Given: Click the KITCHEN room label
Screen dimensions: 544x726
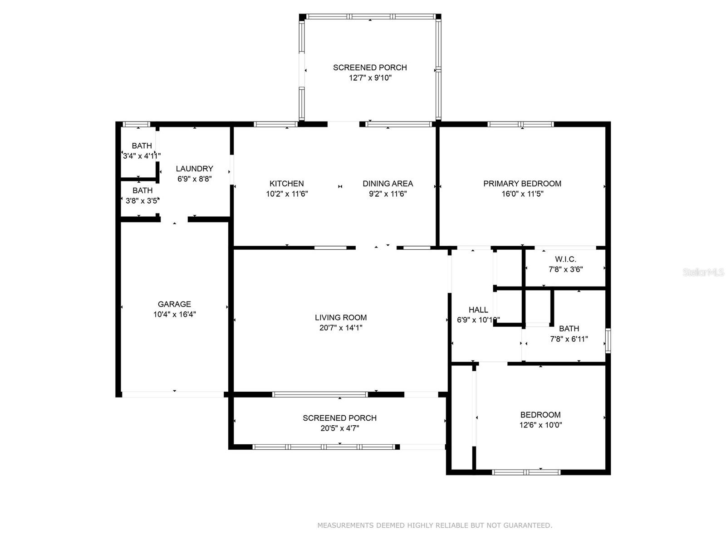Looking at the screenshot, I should pyautogui.click(x=286, y=184).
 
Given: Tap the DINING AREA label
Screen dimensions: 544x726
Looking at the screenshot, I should pyautogui.click(x=388, y=184).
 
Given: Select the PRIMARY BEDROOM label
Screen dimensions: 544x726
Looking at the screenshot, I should pyautogui.click(x=522, y=184).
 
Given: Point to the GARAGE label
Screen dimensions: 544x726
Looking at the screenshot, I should pyautogui.click(x=174, y=304).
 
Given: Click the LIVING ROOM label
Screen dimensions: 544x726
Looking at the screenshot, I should pyautogui.click(x=341, y=318).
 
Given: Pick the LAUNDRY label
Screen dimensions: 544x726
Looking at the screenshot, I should pyautogui.click(x=194, y=169).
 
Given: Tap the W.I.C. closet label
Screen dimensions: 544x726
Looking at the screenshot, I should pyautogui.click(x=565, y=259).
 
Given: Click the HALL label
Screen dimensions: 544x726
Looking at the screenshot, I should pyautogui.click(x=478, y=310).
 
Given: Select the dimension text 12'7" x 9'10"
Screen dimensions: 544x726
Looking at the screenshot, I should pyautogui.click(x=370, y=78).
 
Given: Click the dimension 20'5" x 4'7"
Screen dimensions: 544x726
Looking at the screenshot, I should pyautogui.click(x=339, y=428).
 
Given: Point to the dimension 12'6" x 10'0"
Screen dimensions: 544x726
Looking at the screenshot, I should pyautogui.click(x=540, y=425).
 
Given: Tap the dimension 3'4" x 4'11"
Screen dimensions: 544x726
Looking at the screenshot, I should pyautogui.click(x=142, y=156).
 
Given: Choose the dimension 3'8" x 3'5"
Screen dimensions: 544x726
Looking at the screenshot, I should pyautogui.click(x=142, y=201).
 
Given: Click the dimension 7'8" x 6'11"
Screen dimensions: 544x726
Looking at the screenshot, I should pyautogui.click(x=569, y=339).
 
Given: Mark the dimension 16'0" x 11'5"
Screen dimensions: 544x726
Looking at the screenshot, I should pyautogui.click(x=522, y=194).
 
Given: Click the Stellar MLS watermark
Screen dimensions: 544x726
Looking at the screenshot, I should pyautogui.click(x=703, y=272).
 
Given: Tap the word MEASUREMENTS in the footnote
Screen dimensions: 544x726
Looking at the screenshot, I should pyautogui.click(x=345, y=525).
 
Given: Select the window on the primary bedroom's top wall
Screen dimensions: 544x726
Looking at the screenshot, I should pyautogui.click(x=521, y=124).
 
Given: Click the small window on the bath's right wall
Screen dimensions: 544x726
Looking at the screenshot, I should pyautogui.click(x=608, y=340).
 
